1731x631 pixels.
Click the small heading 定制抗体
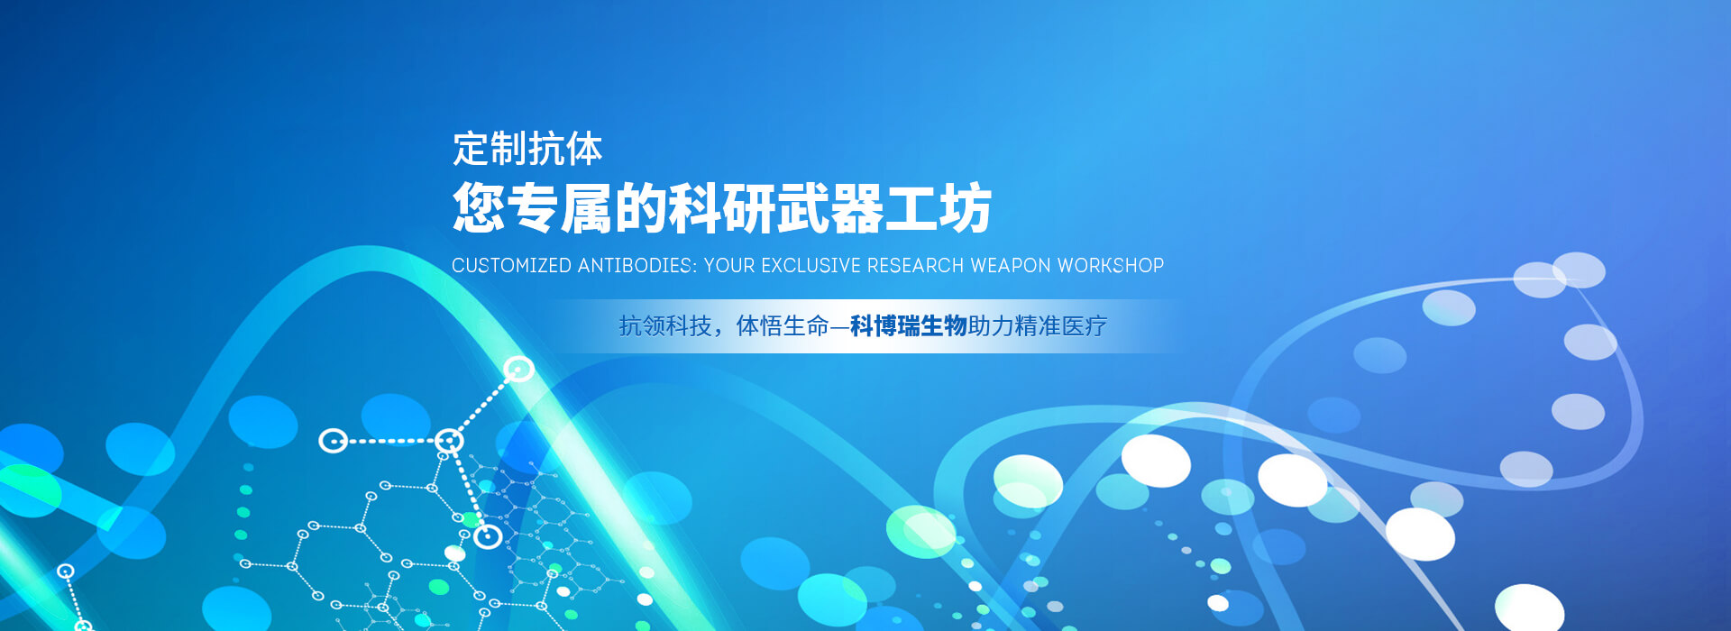coord(527,149)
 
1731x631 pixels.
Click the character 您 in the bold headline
coord(479,208)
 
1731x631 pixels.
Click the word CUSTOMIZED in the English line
coord(511,266)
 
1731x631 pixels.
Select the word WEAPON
coord(1011,266)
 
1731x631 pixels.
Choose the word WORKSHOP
coord(1111,266)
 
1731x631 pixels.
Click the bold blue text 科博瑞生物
coord(909,326)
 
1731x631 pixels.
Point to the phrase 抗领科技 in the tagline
coord(665,326)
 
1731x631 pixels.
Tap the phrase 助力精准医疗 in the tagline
coord(1038,326)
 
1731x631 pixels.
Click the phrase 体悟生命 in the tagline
coord(783,326)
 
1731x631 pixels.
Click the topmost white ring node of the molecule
coord(518,369)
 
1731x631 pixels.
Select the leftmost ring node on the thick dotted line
coord(334,441)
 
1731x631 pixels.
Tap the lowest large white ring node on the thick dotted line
coord(488,536)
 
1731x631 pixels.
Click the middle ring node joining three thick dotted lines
coord(449,441)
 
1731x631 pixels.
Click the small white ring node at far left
coord(66,571)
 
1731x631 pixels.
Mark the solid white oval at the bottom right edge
coord(1529,608)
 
